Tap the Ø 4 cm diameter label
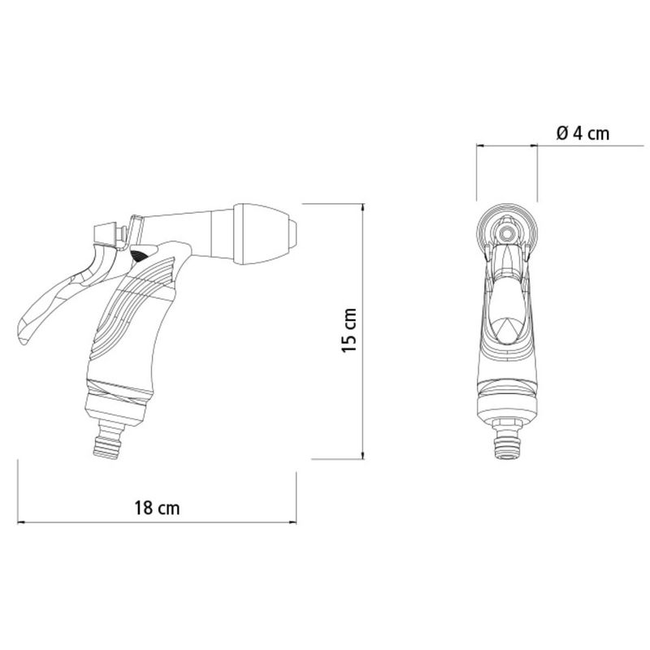(583, 133)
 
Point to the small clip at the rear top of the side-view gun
(104, 233)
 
